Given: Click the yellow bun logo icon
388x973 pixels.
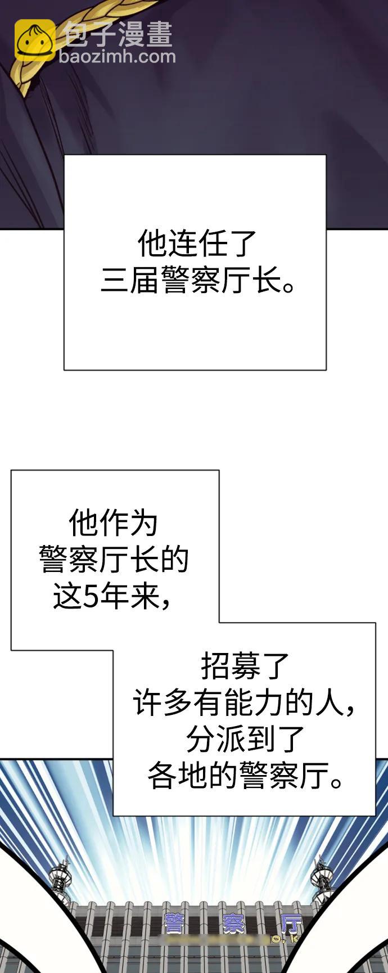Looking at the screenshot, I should [34, 40].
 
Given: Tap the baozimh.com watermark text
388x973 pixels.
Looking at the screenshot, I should [117, 56].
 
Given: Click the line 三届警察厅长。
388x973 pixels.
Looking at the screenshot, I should [197, 280].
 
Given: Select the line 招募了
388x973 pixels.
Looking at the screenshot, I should [245, 666].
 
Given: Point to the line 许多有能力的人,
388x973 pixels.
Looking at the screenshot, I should [245, 703].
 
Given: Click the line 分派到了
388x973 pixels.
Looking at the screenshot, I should [245, 740].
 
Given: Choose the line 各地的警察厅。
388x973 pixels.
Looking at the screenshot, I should [245, 776].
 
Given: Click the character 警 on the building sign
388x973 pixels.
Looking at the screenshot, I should [175, 924].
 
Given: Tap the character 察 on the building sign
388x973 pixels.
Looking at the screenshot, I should [233, 924].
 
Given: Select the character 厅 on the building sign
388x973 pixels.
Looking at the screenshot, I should [291, 924].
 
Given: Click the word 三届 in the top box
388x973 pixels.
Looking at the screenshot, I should [129, 280].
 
